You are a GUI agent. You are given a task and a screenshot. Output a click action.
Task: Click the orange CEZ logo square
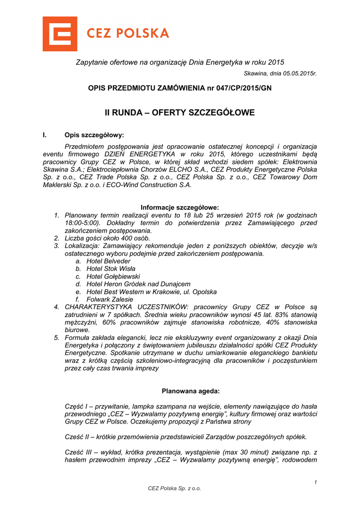pos(60,34)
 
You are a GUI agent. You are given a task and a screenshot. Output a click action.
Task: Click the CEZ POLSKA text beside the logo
pos(128,34)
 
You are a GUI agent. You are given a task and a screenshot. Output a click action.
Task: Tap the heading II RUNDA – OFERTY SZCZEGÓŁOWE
pos(180,113)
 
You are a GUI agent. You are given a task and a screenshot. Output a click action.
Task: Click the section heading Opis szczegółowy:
pos(94,135)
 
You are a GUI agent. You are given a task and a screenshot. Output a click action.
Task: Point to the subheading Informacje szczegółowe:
pos(180,207)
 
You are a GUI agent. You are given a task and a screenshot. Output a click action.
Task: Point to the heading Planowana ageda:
pos(180,391)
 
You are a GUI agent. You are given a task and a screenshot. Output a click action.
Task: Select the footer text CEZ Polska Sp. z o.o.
pos(175,489)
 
